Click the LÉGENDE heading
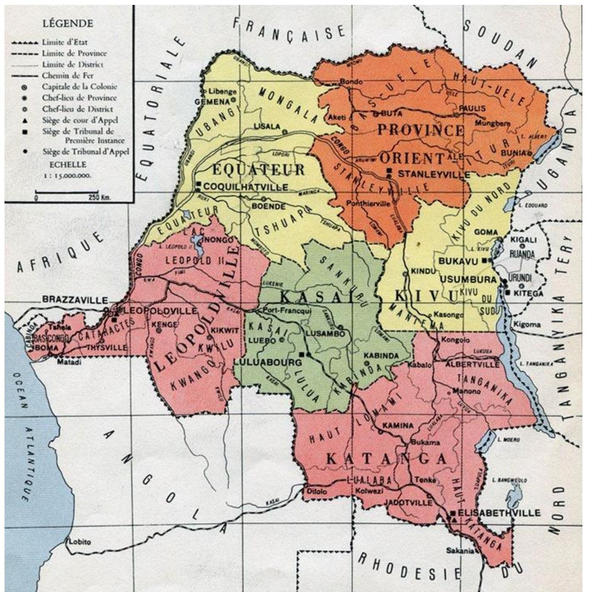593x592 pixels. [x=68, y=23]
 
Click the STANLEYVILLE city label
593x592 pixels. [x=434, y=175]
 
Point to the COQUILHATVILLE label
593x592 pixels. [x=246, y=187]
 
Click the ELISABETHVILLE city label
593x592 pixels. [x=499, y=513]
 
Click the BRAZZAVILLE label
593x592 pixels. [x=75, y=300]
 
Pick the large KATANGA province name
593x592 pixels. [x=386, y=459]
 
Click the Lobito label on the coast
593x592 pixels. [x=80, y=542]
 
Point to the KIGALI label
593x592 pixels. [x=524, y=240]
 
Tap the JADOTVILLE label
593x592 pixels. [x=408, y=502]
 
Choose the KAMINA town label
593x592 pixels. [x=398, y=425]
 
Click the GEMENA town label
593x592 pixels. [x=212, y=102]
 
